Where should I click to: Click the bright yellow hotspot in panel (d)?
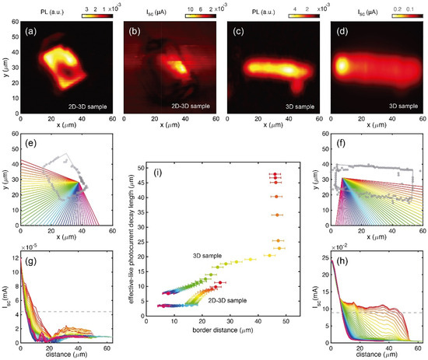[341, 65]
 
